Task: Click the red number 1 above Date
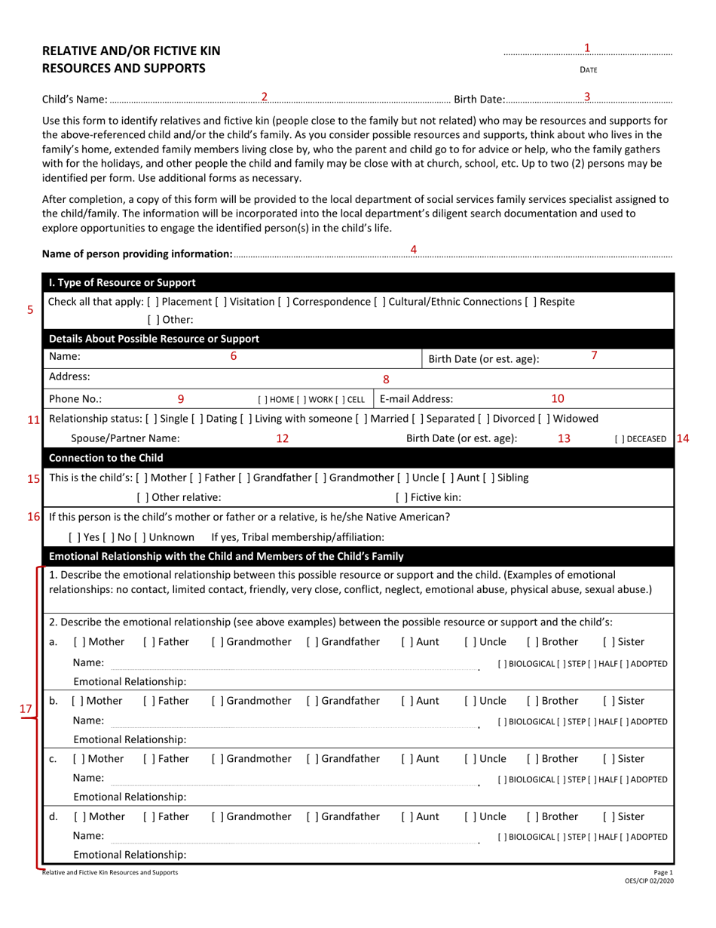pos(587,48)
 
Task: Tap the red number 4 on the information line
pos(413,249)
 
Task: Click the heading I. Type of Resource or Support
pos(122,283)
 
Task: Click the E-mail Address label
pos(417,399)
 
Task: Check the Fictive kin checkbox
pos(401,497)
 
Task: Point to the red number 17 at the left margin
pos(26,709)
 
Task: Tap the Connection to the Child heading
pos(106,458)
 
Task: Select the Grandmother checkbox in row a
pos(218,642)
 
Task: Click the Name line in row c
pos(294,779)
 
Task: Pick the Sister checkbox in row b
pos(608,701)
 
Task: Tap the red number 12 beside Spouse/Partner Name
pos(282,439)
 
